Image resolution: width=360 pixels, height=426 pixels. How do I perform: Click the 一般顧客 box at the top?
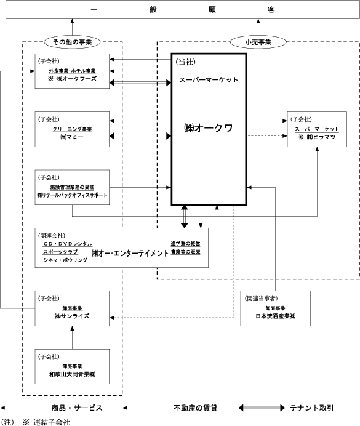pos(183,9)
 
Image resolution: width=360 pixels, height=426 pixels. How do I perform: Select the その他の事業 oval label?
pos(72,42)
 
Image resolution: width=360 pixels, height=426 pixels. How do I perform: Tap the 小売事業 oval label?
pos(258,42)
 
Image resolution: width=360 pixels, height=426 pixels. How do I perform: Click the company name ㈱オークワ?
pos(208,128)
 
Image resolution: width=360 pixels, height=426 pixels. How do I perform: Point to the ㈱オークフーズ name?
pos(76,79)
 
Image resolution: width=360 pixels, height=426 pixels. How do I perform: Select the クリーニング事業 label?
pos(72,129)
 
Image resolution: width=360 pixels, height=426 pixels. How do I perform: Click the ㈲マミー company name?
pos(72,137)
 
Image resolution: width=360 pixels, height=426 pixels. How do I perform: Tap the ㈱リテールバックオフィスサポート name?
pos(72,195)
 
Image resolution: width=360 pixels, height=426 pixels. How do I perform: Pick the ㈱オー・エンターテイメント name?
pos(130,253)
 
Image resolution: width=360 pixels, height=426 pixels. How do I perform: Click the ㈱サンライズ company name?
pos(72,316)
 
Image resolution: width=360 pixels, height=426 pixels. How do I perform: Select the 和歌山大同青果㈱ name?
pos(72,374)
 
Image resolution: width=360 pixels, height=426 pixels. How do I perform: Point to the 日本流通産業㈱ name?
pos(275,316)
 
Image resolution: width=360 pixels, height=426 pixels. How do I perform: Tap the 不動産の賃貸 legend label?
pos(196,408)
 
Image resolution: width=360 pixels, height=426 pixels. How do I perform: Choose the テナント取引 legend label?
pos(311,408)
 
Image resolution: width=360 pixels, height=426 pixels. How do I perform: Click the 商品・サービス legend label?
pos(77,408)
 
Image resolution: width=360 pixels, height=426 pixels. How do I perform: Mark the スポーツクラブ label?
pos(60,252)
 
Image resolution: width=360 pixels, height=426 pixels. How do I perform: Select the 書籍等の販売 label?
pos(185,252)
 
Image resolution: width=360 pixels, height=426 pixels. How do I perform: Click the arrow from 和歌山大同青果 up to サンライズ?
pos(72,338)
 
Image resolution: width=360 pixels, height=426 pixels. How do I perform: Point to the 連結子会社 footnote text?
pos(52,422)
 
